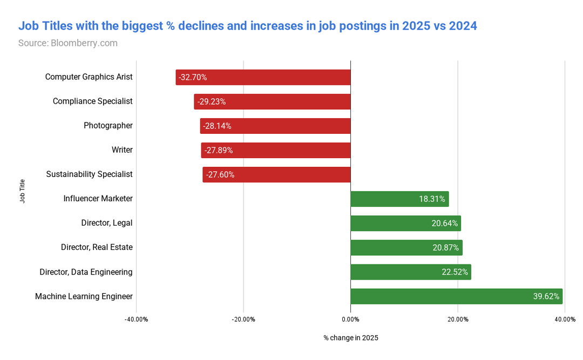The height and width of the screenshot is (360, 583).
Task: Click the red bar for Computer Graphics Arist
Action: pyautogui.click(x=263, y=77)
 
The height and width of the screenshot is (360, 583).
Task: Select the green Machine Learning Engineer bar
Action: pyautogui.click(x=456, y=296)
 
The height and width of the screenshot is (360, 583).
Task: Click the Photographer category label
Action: pyautogui.click(x=108, y=126)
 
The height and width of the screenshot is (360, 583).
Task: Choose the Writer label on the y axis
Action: pyautogui.click(x=122, y=150)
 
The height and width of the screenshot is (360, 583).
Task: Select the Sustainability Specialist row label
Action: pyautogui.click(x=89, y=174)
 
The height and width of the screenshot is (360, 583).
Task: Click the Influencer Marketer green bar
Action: pyautogui.click(x=399, y=199)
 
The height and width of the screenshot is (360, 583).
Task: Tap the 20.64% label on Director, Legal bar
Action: pyautogui.click(x=445, y=223)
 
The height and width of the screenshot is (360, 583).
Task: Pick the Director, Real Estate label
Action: pyautogui.click(x=97, y=247)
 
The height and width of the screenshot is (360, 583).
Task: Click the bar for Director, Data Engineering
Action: pyautogui.click(x=410, y=272)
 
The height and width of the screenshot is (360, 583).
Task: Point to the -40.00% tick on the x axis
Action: pyautogui.click(x=136, y=320)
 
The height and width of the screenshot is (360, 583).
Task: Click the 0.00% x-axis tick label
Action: pyautogui.click(x=350, y=320)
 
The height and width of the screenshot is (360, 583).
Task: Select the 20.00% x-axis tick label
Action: pyautogui.click(x=458, y=320)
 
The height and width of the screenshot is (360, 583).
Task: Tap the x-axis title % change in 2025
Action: pyautogui.click(x=350, y=338)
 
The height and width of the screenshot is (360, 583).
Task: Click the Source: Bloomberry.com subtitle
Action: pyautogui.click(x=68, y=43)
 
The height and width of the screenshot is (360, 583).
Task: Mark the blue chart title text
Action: pyautogui.click(x=248, y=25)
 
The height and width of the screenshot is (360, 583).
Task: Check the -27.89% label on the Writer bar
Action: pyautogui.click(x=219, y=150)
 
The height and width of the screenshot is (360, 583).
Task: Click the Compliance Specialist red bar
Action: pyautogui.click(x=272, y=101)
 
